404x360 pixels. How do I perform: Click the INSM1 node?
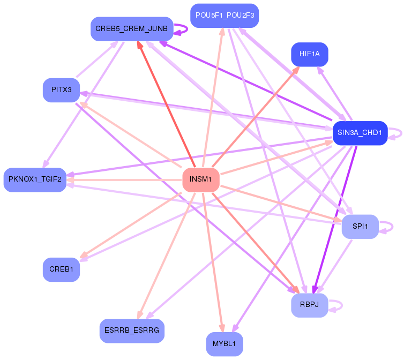201,179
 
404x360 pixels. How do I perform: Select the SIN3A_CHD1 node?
360,133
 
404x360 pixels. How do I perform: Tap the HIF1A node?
309,54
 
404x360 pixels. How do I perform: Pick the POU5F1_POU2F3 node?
225,16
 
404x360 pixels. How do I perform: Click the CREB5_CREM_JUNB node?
132,28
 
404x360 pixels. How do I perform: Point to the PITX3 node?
61,90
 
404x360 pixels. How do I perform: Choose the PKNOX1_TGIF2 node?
35,179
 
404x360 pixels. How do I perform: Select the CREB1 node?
61,269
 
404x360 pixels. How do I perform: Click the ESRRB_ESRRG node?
132,331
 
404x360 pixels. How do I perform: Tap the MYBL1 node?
225,344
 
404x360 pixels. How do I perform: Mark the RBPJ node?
309,305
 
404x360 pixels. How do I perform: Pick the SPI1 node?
360,227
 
